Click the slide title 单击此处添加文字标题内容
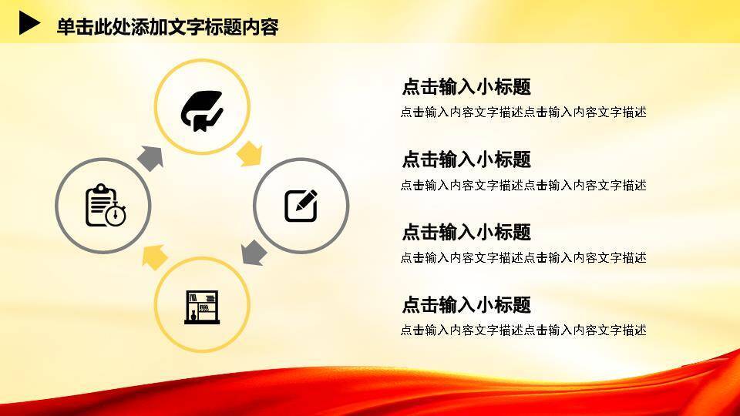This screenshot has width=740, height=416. point(167,27)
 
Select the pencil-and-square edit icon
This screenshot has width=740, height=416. point(301,206)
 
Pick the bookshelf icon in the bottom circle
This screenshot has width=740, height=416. point(202,306)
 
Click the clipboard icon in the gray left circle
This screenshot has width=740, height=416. point(102,205)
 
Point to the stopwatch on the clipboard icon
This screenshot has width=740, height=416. point(116,216)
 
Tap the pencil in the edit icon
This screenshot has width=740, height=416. point(307,200)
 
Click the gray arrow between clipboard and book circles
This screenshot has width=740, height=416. point(151,157)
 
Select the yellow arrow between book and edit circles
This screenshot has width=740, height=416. point(249,154)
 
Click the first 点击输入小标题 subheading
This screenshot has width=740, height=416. point(466,87)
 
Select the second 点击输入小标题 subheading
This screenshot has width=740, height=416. point(466,159)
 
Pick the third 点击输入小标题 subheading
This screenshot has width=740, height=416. point(466,232)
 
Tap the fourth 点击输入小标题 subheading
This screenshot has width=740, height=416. point(466,304)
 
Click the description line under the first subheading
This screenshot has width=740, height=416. point(523,112)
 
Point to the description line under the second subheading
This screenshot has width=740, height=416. point(523,185)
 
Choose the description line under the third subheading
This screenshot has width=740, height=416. point(523,257)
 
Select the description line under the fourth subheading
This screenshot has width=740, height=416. point(523,330)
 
